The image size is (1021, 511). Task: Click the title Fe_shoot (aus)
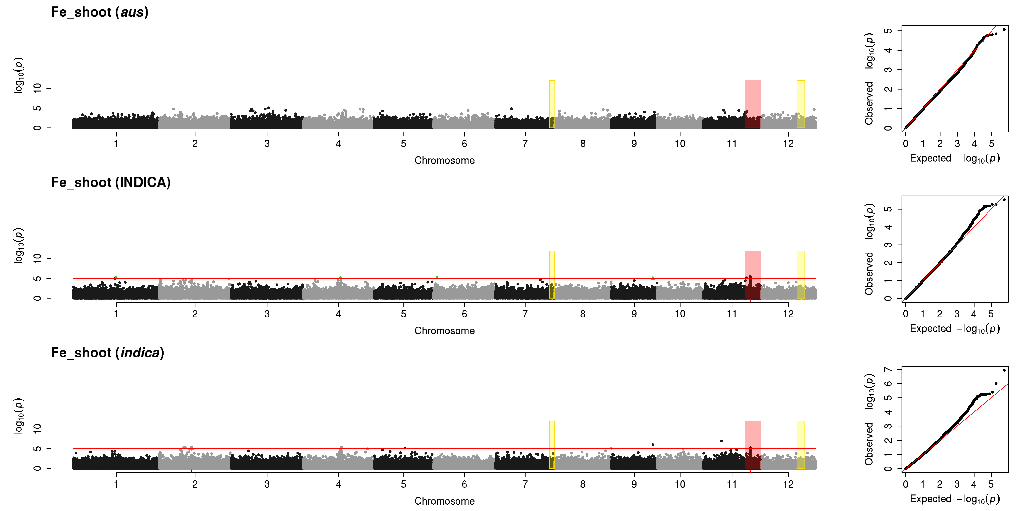[x=99, y=12]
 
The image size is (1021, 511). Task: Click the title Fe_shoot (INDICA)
[x=111, y=182]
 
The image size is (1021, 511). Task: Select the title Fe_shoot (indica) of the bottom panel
[x=107, y=353]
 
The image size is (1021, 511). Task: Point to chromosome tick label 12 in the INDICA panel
[x=788, y=314]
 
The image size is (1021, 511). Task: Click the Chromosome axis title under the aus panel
[x=444, y=160]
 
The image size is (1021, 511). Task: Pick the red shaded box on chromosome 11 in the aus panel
[x=753, y=104]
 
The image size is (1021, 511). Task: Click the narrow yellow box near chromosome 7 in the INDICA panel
[x=552, y=275]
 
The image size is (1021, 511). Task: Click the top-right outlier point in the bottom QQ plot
[x=1004, y=370]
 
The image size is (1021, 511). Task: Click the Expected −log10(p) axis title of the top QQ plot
[x=954, y=158]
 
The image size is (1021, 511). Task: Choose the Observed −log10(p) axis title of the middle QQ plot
[x=869, y=249]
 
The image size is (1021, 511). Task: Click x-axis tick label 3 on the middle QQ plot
[x=957, y=314]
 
